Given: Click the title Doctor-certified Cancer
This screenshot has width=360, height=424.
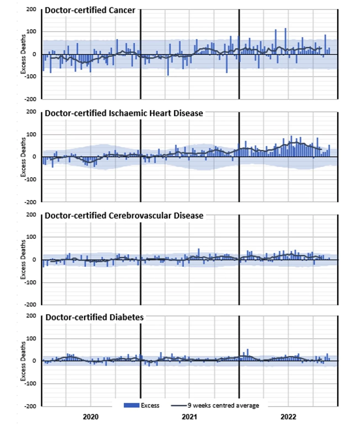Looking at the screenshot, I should click(x=90, y=10).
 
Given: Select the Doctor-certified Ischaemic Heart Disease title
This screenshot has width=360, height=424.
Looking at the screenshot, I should click(x=124, y=113).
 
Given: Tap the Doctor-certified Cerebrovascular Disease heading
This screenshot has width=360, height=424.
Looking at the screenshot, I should click(x=124, y=216).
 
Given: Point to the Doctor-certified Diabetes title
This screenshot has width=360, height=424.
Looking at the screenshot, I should click(x=94, y=317).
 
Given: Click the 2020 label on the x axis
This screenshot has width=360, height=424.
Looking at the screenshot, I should click(x=91, y=417).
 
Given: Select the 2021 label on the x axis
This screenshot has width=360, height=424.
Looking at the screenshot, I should click(x=189, y=417).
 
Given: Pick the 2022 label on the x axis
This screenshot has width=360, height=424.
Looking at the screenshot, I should click(x=288, y=417).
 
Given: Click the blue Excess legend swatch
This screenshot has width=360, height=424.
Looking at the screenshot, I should click(x=131, y=405).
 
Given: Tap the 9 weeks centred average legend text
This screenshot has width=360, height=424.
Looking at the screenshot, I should click(x=223, y=405).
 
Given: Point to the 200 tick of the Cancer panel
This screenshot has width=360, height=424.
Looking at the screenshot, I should click(x=31, y=9).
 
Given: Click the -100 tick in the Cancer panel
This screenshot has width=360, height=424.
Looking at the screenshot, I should click(x=30, y=76).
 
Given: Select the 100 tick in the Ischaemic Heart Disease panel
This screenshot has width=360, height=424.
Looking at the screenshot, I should click(x=31, y=134).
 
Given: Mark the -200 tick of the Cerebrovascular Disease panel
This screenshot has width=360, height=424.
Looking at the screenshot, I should click(x=30, y=304).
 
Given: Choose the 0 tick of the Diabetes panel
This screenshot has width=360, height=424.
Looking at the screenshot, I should click(x=34, y=361).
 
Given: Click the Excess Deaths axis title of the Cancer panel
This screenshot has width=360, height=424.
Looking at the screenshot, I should click(x=23, y=54).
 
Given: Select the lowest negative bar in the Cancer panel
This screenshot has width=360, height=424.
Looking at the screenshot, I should click(x=168, y=65).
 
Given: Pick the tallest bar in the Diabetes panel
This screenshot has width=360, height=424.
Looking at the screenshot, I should click(x=247, y=355).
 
